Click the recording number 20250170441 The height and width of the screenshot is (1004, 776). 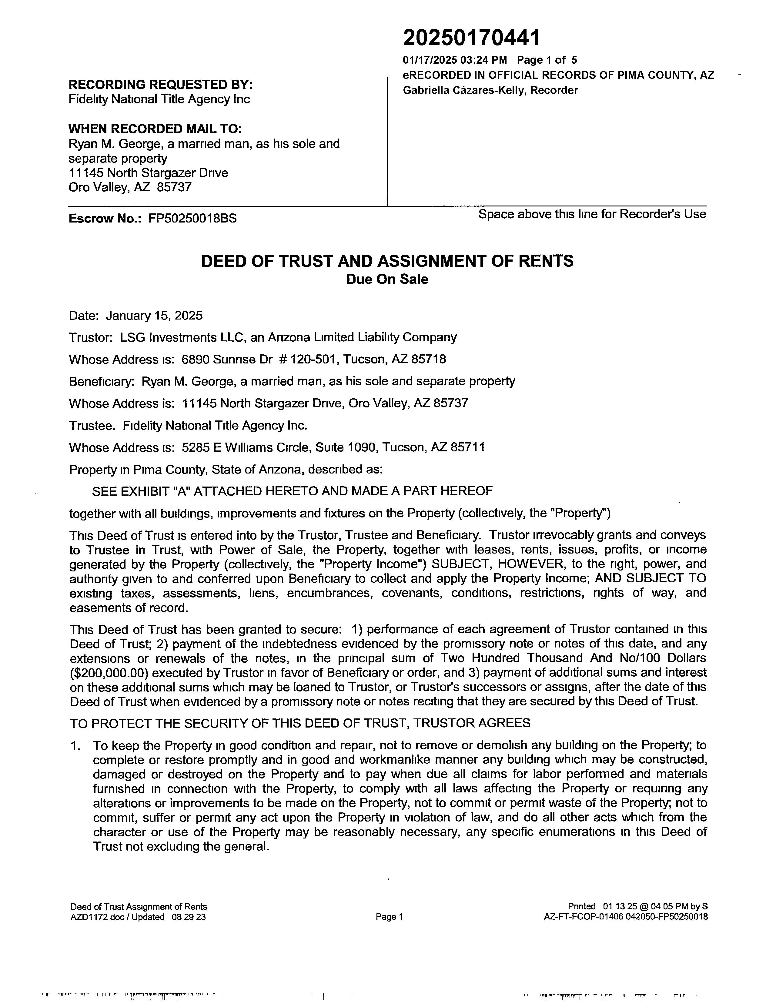[x=471, y=38]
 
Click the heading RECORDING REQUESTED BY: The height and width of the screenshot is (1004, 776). [x=160, y=85]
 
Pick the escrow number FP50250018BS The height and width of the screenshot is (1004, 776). [x=192, y=218]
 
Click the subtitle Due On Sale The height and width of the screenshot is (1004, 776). [x=387, y=279]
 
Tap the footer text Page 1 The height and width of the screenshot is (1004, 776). [x=389, y=917]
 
